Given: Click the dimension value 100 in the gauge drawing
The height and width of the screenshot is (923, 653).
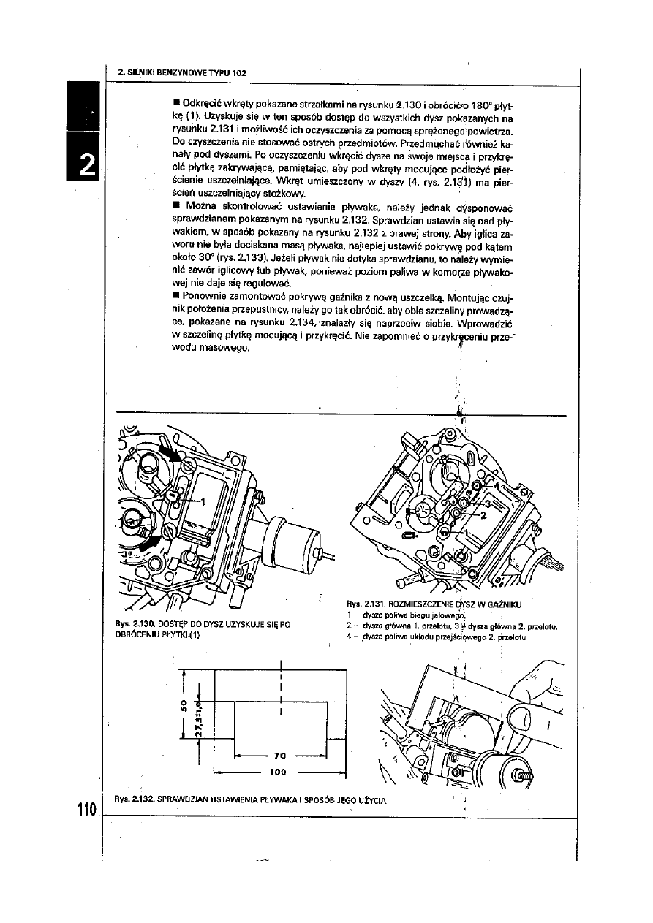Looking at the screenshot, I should (277, 771).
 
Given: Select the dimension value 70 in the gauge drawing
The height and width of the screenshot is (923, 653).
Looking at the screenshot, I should (279, 755).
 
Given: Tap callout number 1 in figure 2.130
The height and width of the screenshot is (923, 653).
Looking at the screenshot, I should (204, 501).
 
